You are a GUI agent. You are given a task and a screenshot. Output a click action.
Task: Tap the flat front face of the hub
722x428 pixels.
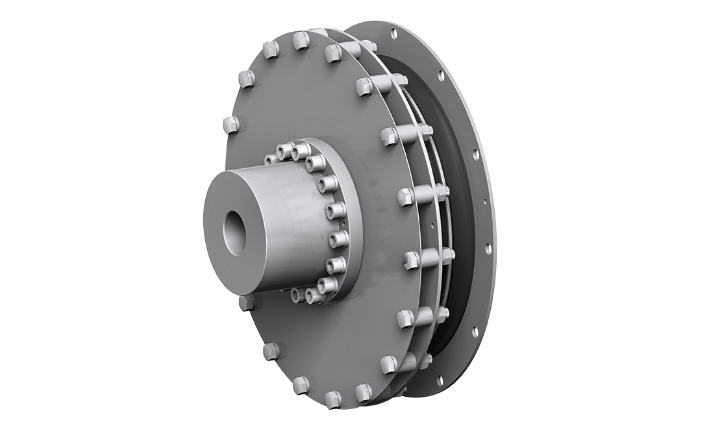coord(218,214)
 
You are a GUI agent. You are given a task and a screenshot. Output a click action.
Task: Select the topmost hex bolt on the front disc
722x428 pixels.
coord(301,41)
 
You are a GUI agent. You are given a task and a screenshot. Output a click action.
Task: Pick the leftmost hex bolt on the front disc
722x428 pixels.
coord(230,124)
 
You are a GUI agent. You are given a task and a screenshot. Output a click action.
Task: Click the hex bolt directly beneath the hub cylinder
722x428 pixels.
coord(247,303)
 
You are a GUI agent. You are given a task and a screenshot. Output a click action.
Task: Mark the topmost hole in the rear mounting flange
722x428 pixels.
coord(393,32)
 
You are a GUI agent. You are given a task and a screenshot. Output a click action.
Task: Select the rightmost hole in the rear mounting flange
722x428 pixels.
coord(488,247)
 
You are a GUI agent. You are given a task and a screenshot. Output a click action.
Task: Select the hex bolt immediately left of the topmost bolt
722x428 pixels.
coord(271,49)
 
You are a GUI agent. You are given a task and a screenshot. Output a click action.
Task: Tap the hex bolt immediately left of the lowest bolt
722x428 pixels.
coord(301,384)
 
